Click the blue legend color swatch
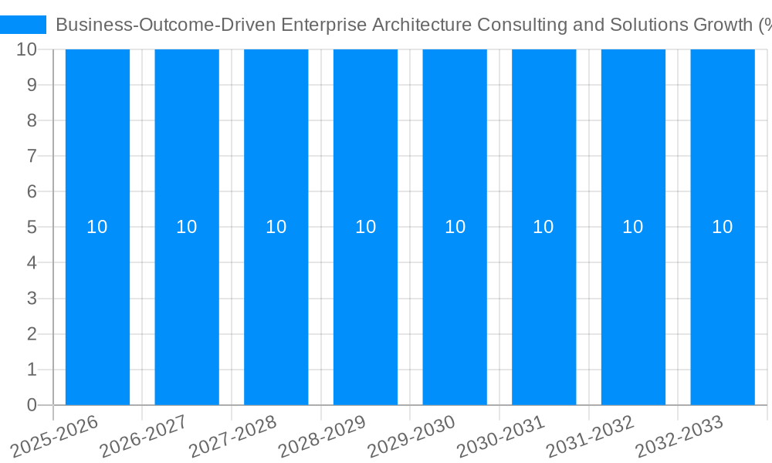(23, 25)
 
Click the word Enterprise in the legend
(323, 25)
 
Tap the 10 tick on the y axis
(27, 49)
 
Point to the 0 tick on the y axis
(32, 405)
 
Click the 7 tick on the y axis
(32, 156)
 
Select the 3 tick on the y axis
(32, 299)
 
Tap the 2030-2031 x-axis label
(501, 438)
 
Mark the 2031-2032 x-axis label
(591, 438)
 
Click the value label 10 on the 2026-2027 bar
(187, 227)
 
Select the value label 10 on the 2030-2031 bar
(543, 227)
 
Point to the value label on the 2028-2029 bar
(365, 227)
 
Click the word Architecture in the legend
(421, 25)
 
